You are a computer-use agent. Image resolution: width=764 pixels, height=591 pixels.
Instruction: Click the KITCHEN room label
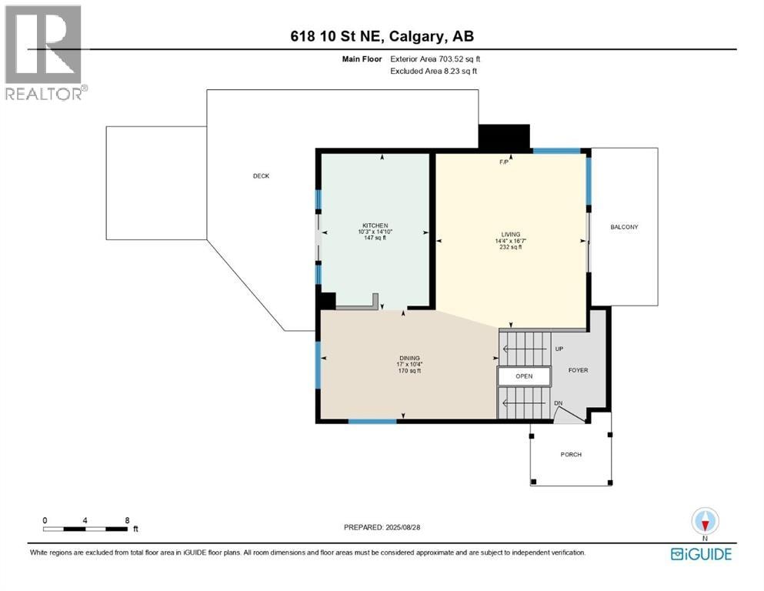pos(375,225)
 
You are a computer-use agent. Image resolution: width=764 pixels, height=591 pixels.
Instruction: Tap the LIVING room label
pos(511,235)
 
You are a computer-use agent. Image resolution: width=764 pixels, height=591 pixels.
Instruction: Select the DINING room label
pos(409,358)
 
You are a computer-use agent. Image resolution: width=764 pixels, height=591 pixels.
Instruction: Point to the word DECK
pos(261,176)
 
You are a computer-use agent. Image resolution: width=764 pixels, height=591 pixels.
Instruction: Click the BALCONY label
pos(624,227)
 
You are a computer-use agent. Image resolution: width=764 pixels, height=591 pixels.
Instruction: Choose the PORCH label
pos(571,455)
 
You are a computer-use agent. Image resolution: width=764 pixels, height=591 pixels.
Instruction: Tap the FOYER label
pos(579,370)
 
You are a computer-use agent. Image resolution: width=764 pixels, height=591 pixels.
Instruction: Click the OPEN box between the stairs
pos(524,376)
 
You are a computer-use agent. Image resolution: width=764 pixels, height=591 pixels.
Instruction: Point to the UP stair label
pos(559,349)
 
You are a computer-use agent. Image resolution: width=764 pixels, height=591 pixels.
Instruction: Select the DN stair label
pos(559,403)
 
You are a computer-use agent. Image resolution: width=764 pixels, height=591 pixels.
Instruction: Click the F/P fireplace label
pos(504,162)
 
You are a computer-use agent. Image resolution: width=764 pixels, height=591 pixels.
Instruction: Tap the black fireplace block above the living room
pos(504,137)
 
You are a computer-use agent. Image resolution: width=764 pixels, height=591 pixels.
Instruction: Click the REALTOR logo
pos(45,52)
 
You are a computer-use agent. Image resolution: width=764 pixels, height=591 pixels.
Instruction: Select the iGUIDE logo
pos(701,554)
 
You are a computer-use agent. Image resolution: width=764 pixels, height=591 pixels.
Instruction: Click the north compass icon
pos(705,522)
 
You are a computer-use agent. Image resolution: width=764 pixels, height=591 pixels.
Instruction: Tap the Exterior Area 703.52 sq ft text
pos(435,59)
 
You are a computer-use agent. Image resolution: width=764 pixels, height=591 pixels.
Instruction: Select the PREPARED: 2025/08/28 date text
pos(382,527)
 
